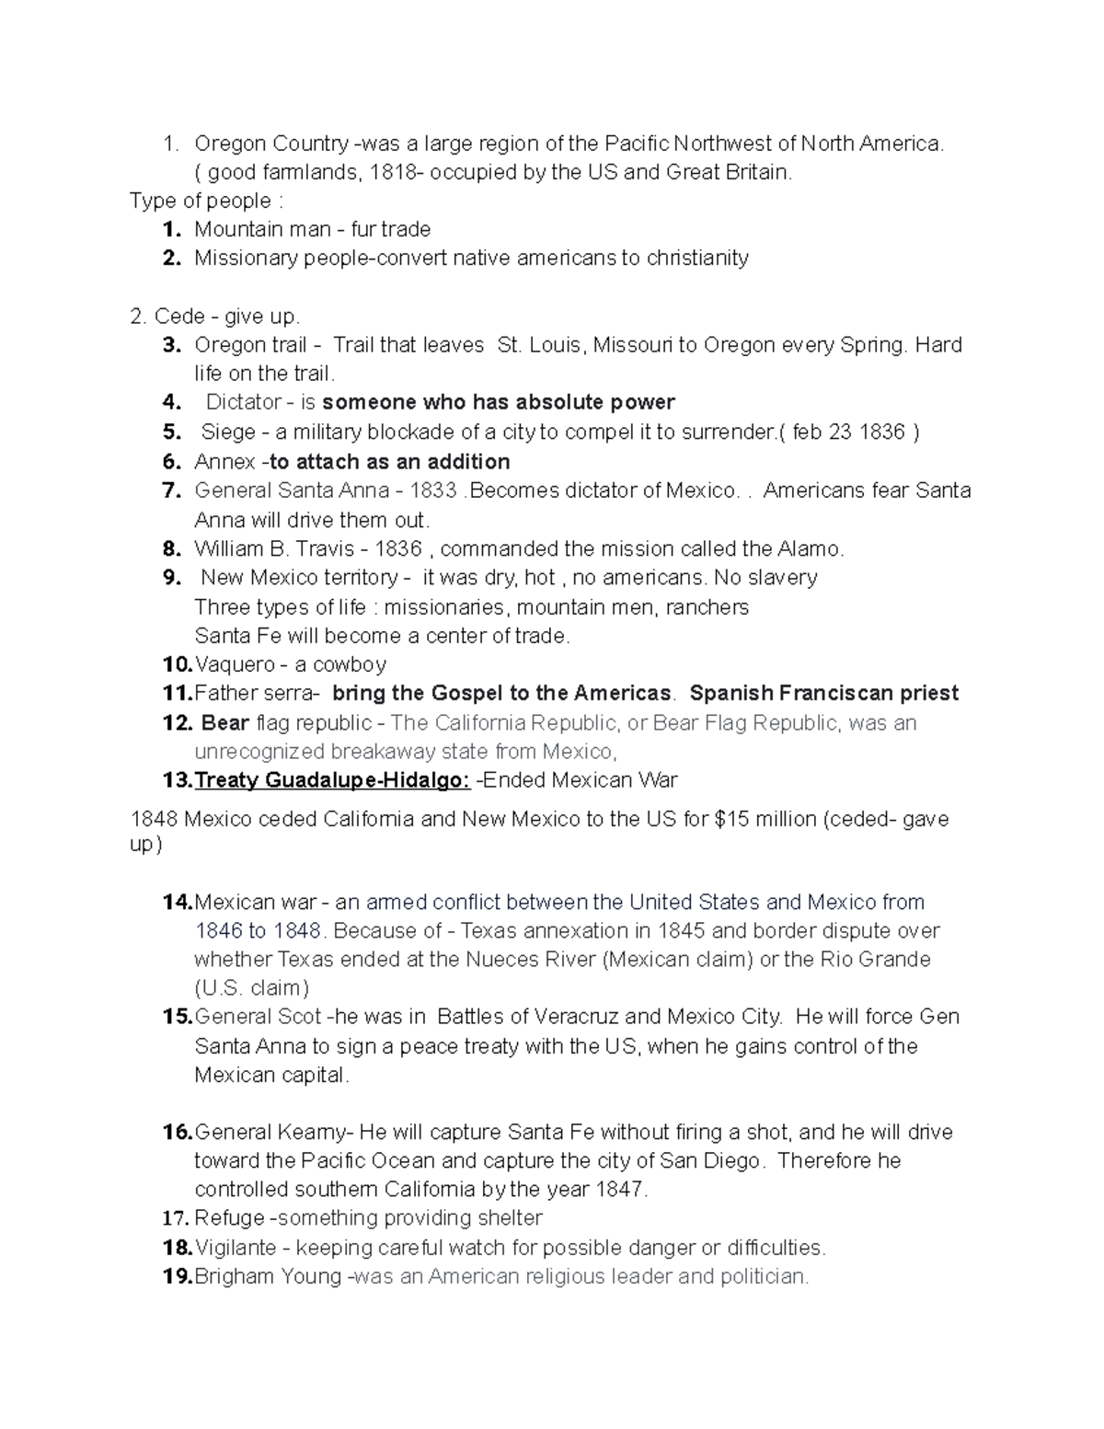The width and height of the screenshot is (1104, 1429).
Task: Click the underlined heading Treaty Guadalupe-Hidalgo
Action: pyautogui.click(x=333, y=780)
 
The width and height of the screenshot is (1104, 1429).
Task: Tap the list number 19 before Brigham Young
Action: pyautogui.click(x=177, y=1276)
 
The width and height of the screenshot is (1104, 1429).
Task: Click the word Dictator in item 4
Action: pyautogui.click(x=243, y=402)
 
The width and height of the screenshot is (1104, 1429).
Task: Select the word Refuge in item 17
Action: pyautogui.click(x=229, y=1218)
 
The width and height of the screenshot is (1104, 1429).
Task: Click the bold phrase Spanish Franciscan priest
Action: pyautogui.click(x=823, y=693)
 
